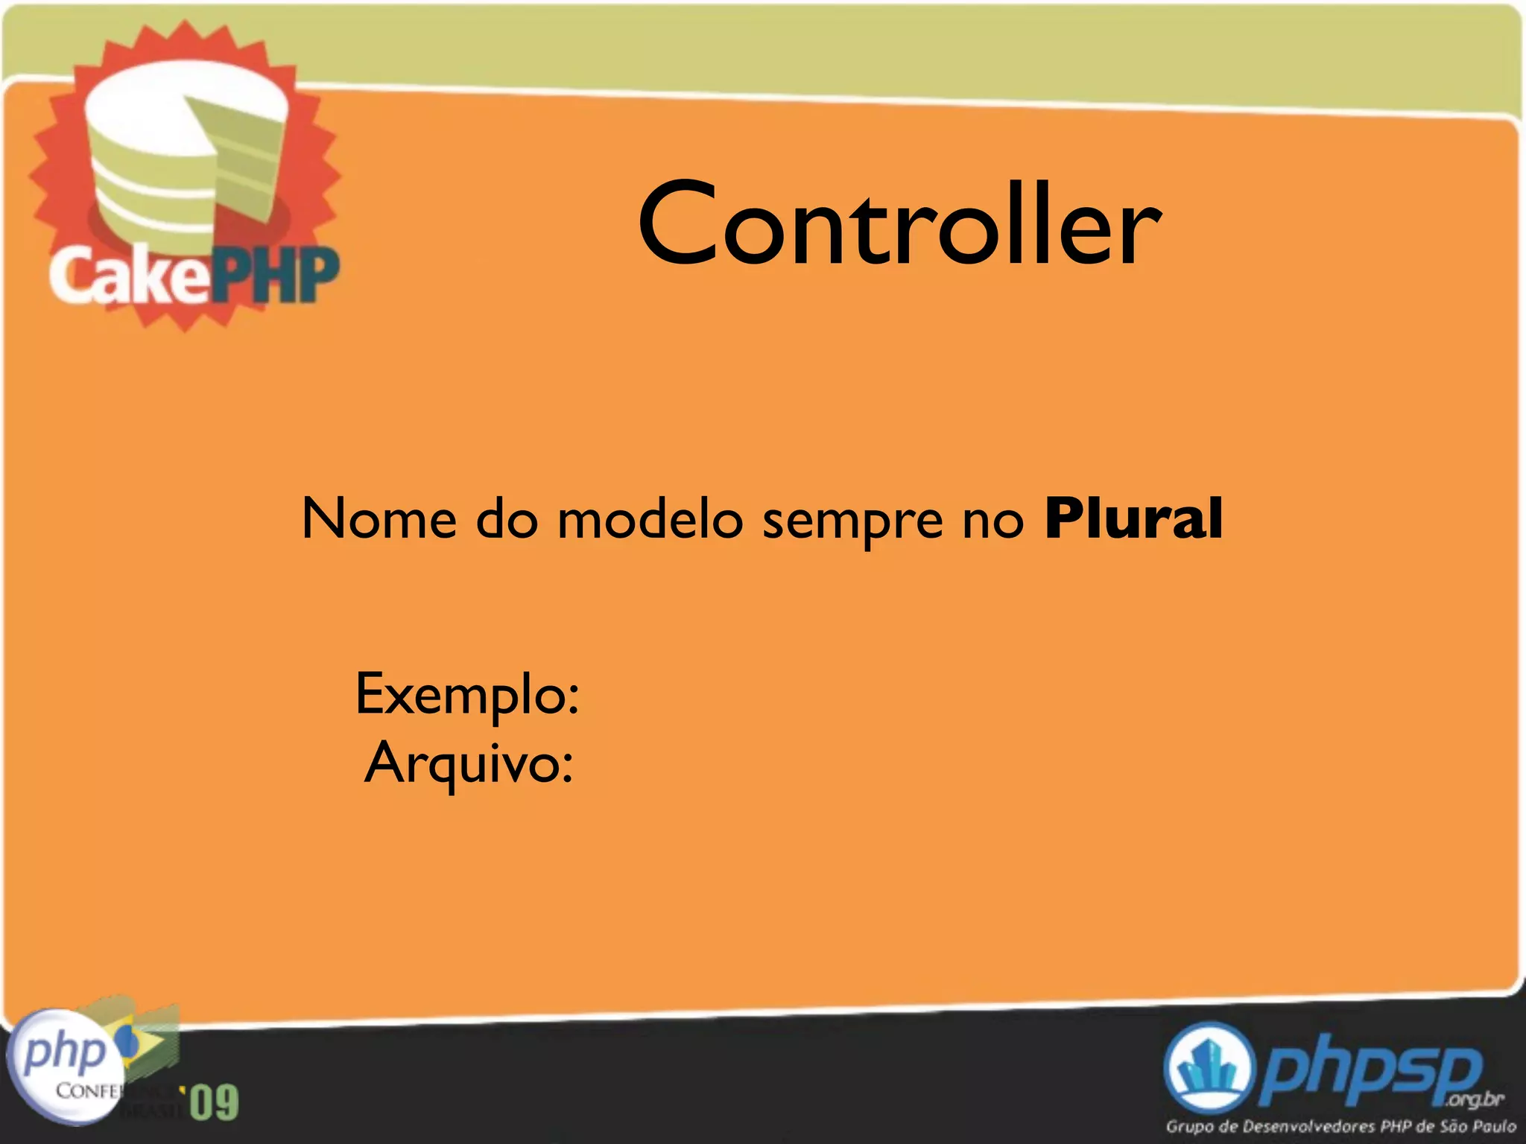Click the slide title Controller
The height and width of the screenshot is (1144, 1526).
[x=899, y=224]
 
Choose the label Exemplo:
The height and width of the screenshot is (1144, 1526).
[x=467, y=694]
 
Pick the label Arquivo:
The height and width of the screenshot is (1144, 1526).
[x=469, y=763]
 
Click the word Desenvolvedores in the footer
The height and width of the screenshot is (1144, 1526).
[x=1308, y=1126]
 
